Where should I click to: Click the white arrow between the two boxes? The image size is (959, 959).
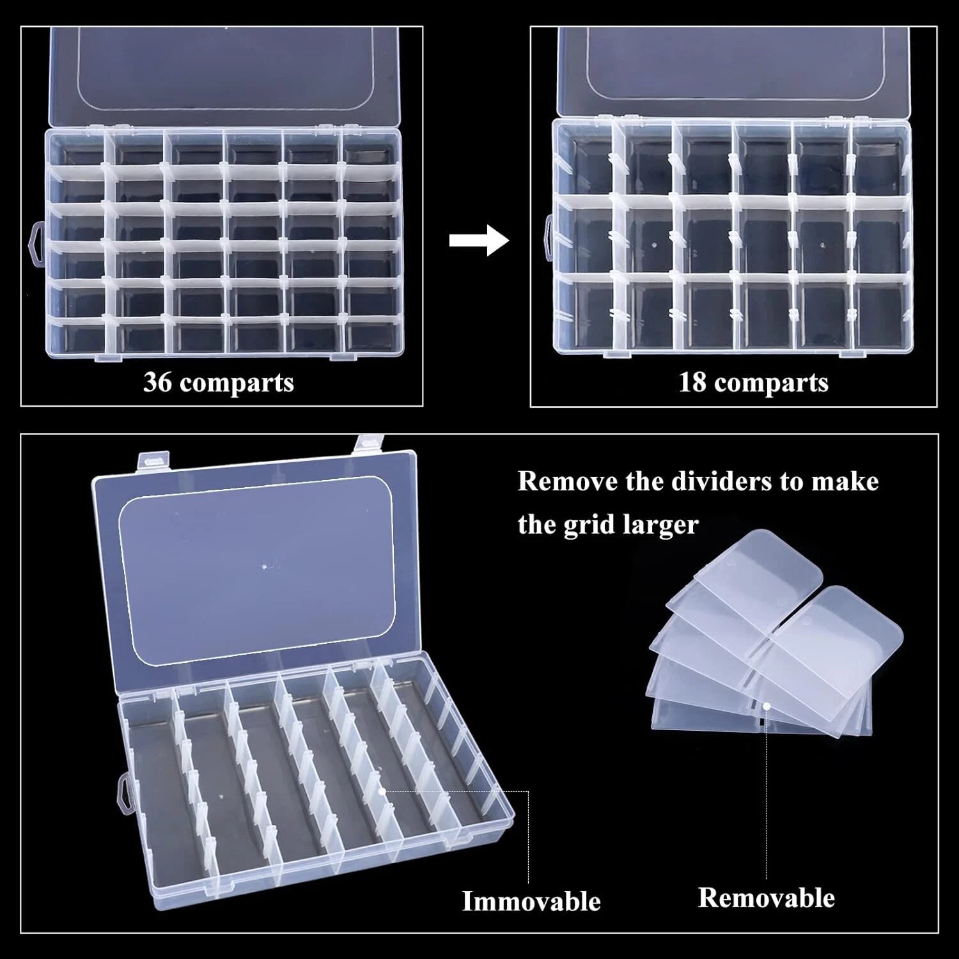[x=478, y=241]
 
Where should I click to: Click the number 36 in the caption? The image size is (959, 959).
[x=157, y=382]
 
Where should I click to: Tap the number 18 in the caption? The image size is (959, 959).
[x=692, y=382]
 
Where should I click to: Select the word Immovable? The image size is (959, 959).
[x=531, y=901]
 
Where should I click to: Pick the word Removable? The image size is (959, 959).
[x=766, y=898]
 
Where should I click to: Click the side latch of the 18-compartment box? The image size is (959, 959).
[x=547, y=238]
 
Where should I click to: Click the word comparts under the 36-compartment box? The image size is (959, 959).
[x=237, y=382]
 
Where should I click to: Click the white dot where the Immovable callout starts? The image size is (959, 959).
[x=381, y=790]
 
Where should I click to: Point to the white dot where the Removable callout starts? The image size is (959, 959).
[x=766, y=706]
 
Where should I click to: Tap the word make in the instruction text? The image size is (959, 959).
[x=845, y=481]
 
